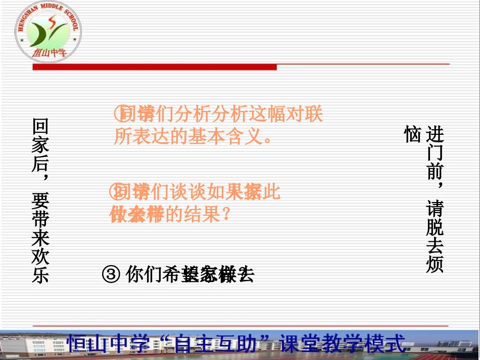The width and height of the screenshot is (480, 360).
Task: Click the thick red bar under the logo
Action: pos(154,67)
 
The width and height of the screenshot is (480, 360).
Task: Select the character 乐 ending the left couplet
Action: pos(40,275)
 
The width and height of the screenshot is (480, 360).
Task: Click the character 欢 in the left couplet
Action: pos(40,256)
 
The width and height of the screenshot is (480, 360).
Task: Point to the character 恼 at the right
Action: pos(412,134)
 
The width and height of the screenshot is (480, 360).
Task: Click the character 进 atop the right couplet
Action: pos(435,134)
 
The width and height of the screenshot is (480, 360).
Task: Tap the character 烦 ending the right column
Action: pos(435,265)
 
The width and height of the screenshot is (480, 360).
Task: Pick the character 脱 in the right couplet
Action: pos(435,227)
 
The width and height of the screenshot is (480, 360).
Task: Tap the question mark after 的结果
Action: pos(226,215)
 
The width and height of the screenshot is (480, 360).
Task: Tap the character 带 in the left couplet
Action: pos(40,219)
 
